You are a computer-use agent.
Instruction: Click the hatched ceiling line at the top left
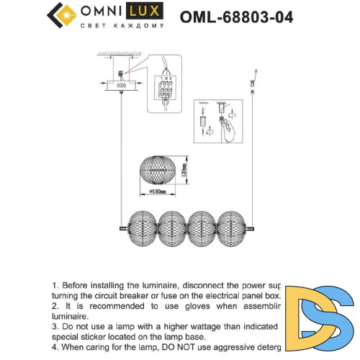115,55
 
